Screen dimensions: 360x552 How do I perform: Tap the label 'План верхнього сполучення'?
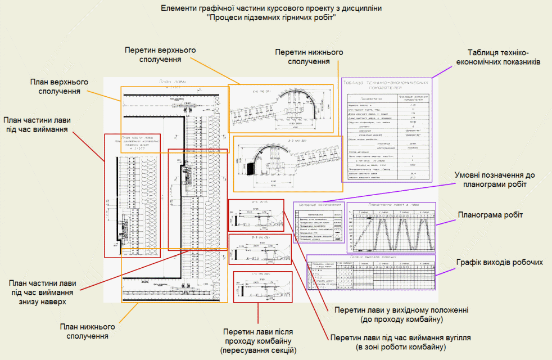[59, 86]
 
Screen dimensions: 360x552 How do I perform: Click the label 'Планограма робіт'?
[490, 215]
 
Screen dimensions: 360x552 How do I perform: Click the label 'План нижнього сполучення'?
[88, 331]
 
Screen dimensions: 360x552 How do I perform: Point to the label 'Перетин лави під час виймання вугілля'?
[400, 343]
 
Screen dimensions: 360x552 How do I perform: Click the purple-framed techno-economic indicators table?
[387, 129]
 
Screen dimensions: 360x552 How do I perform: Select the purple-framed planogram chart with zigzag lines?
[391, 227]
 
